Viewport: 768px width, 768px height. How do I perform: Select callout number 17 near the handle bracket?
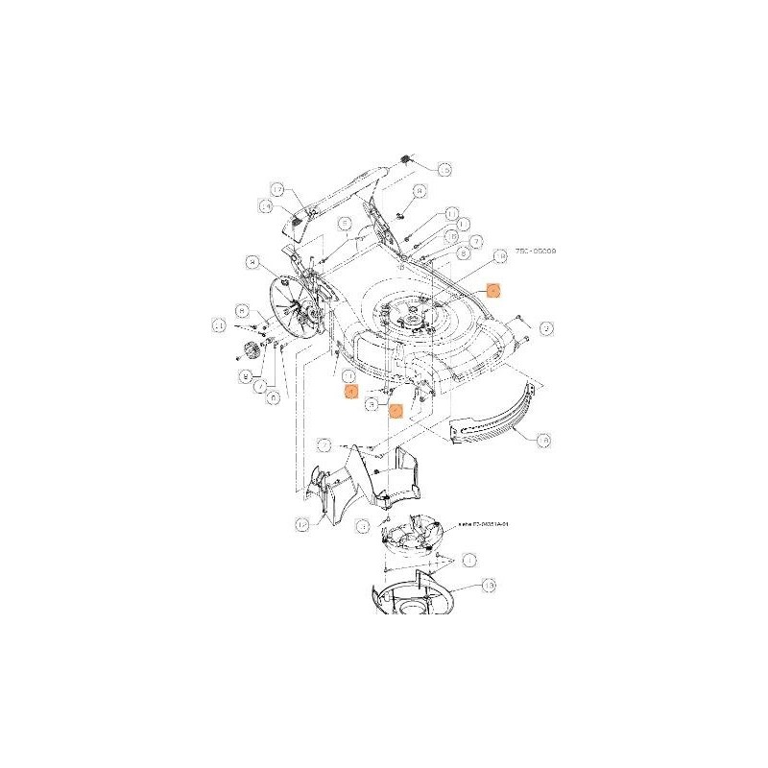(x=277, y=190)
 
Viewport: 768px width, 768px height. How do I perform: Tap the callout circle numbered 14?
(x=267, y=205)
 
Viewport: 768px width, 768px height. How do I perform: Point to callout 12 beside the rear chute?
(x=302, y=524)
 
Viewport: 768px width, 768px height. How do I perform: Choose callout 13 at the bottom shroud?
(x=488, y=585)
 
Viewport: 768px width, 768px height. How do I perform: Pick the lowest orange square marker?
(x=395, y=409)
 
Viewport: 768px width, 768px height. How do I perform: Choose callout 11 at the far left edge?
(x=219, y=326)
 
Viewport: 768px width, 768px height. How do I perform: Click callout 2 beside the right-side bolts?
(x=547, y=328)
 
